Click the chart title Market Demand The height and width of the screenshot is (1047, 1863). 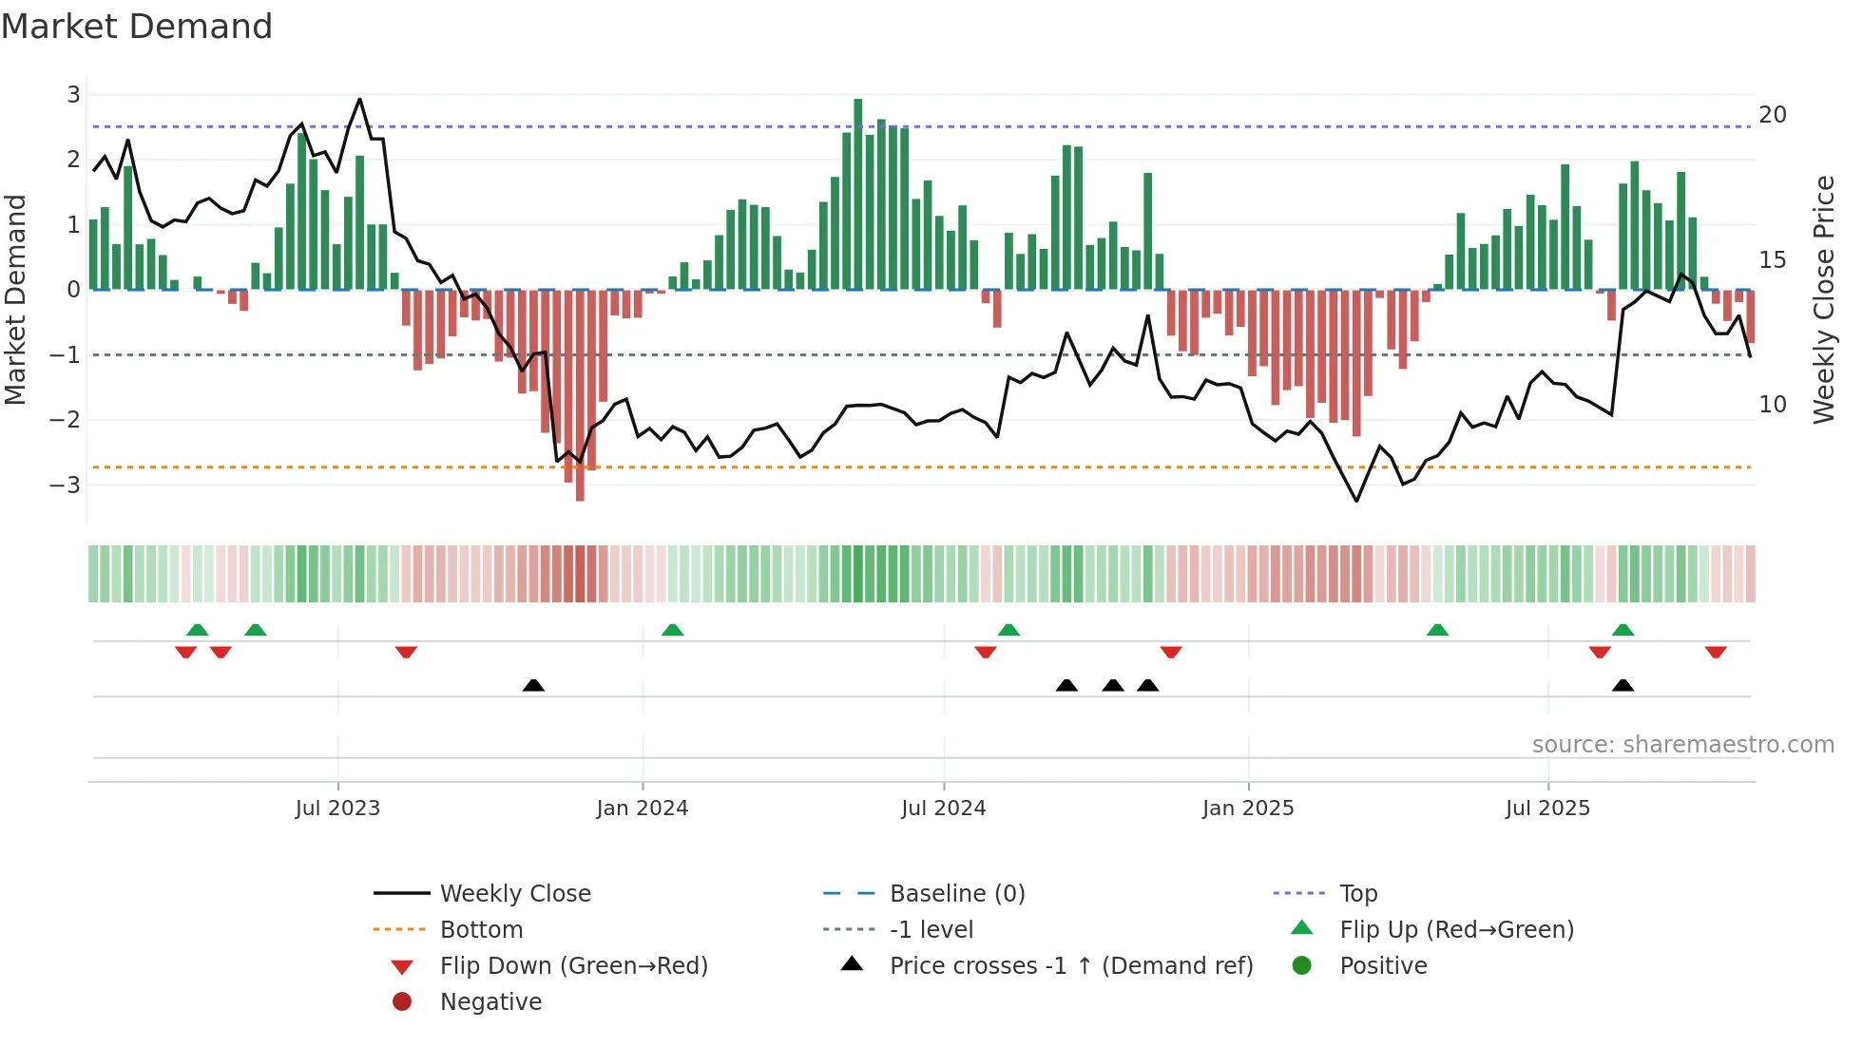[137, 27]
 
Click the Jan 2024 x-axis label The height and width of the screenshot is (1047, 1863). [642, 809]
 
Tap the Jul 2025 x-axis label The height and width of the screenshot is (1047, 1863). [1546, 809]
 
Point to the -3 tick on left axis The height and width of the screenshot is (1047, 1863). [66, 485]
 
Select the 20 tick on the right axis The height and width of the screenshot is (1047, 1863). [1772, 115]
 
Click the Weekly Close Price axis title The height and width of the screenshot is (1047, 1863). [1823, 299]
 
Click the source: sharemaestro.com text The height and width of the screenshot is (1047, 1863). [1682, 745]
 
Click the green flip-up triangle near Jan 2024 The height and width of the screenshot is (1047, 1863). [672, 630]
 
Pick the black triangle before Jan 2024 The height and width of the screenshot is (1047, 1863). [533, 685]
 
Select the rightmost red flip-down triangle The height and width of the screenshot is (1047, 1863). [1715, 652]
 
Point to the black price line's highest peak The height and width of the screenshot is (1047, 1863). [359, 99]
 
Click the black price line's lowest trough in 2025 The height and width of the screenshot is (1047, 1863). [1356, 501]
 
